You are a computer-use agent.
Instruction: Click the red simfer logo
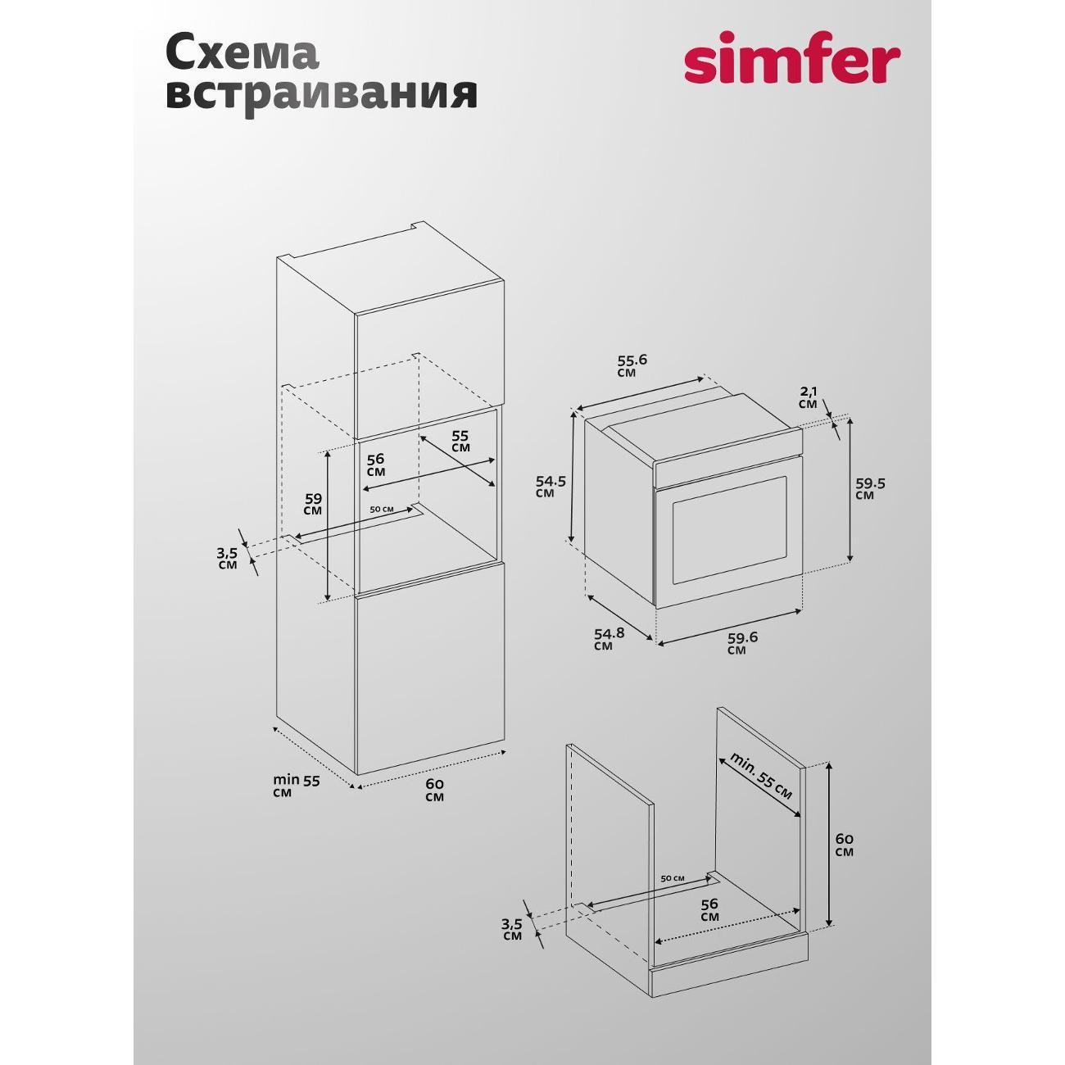tap(792, 66)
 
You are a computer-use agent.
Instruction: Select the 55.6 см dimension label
tap(631, 365)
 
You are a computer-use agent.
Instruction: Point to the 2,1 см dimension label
tap(808, 397)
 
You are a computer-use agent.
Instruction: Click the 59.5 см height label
tap(871, 488)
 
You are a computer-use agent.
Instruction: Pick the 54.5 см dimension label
tap(551, 487)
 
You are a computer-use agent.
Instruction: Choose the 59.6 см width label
tap(742, 643)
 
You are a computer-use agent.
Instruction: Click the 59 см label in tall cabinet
tap(313, 504)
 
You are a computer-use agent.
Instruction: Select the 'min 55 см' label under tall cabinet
tap(297, 786)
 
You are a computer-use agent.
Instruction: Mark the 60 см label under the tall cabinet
tap(434, 790)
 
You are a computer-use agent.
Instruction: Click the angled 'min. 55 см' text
tap(760, 775)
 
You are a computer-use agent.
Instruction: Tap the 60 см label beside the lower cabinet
tap(845, 845)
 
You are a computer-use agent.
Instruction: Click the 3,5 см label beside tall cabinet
tap(227, 559)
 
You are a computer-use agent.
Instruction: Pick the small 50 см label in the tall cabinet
tap(382, 509)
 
